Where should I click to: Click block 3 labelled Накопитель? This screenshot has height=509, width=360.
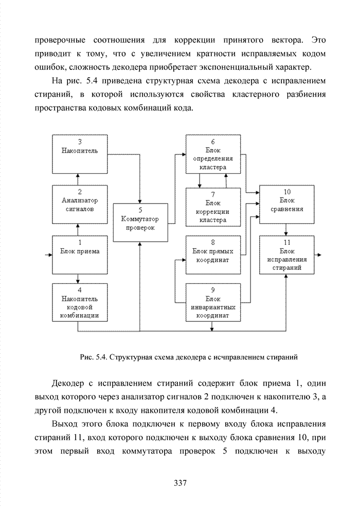(77, 153)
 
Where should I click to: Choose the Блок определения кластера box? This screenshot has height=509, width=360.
(212, 154)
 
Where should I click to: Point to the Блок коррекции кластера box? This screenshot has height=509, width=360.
(212, 207)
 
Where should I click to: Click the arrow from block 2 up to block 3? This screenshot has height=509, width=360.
(77, 179)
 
